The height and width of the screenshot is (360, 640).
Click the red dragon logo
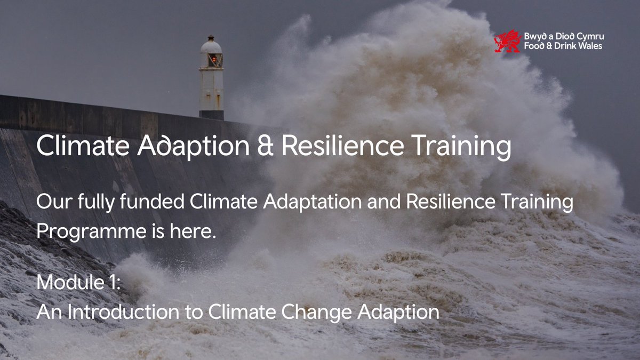click(507, 41)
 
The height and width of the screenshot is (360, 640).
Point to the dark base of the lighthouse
click(212, 115)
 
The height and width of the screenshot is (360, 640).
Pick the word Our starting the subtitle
click(51, 203)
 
